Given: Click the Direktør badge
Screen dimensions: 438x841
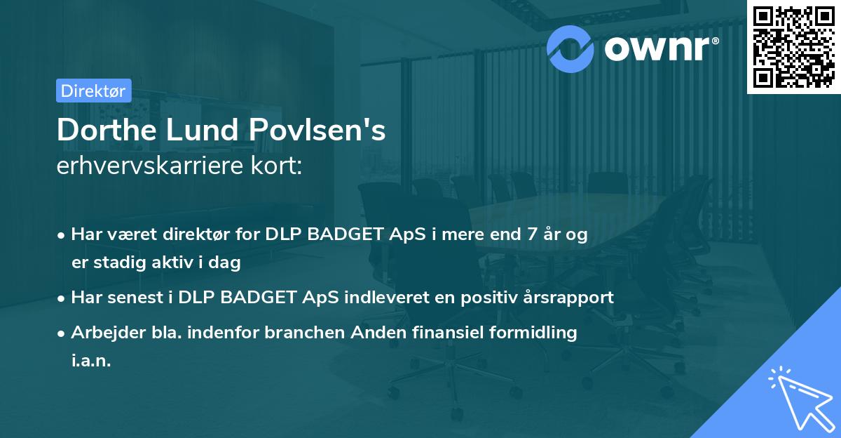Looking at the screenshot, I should click(93, 91).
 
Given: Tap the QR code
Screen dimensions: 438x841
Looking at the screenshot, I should click(793, 47).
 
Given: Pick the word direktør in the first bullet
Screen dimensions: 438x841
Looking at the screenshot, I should click(195, 235).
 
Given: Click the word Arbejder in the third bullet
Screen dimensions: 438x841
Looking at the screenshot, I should click(102, 333).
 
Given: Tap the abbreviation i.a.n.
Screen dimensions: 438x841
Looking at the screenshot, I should click(91, 361).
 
